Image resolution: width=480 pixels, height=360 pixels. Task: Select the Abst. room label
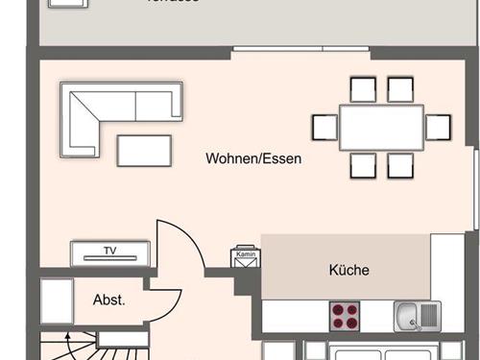(108, 300)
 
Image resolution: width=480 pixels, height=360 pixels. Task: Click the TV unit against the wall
(110, 252)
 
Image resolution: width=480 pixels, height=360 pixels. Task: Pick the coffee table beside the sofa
(144, 149)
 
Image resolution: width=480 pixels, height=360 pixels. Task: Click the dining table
(382, 127)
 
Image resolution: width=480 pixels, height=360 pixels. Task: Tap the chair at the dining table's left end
(323, 127)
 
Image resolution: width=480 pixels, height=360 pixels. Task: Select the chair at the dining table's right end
(439, 127)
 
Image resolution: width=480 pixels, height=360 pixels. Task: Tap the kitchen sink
(417, 314)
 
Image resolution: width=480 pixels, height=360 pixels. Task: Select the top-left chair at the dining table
(363, 89)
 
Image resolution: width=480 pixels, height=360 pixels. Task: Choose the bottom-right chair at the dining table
(400, 165)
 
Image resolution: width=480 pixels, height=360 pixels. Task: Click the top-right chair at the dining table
(400, 89)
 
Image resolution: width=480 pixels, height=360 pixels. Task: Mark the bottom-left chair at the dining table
(363, 165)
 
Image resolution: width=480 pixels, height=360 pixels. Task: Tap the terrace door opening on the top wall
(300, 48)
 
